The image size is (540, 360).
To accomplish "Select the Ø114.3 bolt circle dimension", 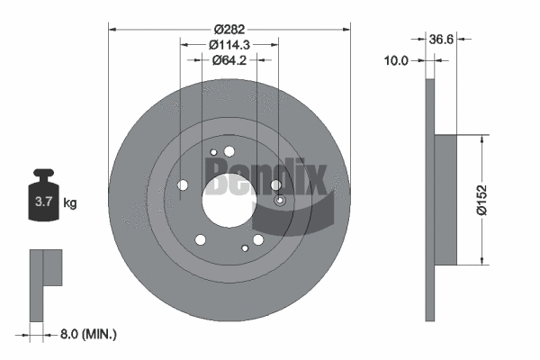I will tap(229, 45).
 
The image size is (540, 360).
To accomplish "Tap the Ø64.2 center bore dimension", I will tap(229, 61).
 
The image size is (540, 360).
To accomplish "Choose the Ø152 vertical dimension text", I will tap(483, 199).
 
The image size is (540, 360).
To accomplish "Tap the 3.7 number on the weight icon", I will tap(42, 203).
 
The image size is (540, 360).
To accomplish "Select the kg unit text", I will tap(70, 203).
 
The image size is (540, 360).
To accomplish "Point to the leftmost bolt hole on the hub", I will tap(184, 186).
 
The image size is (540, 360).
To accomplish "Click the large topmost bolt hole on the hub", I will tap(229, 151).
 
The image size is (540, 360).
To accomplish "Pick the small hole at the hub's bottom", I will tap(245, 247).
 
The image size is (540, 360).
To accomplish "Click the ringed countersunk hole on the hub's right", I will tap(280, 200).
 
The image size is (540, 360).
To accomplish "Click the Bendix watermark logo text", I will tap(265, 176).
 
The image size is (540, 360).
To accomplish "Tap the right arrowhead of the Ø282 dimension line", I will tap(345, 30).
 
